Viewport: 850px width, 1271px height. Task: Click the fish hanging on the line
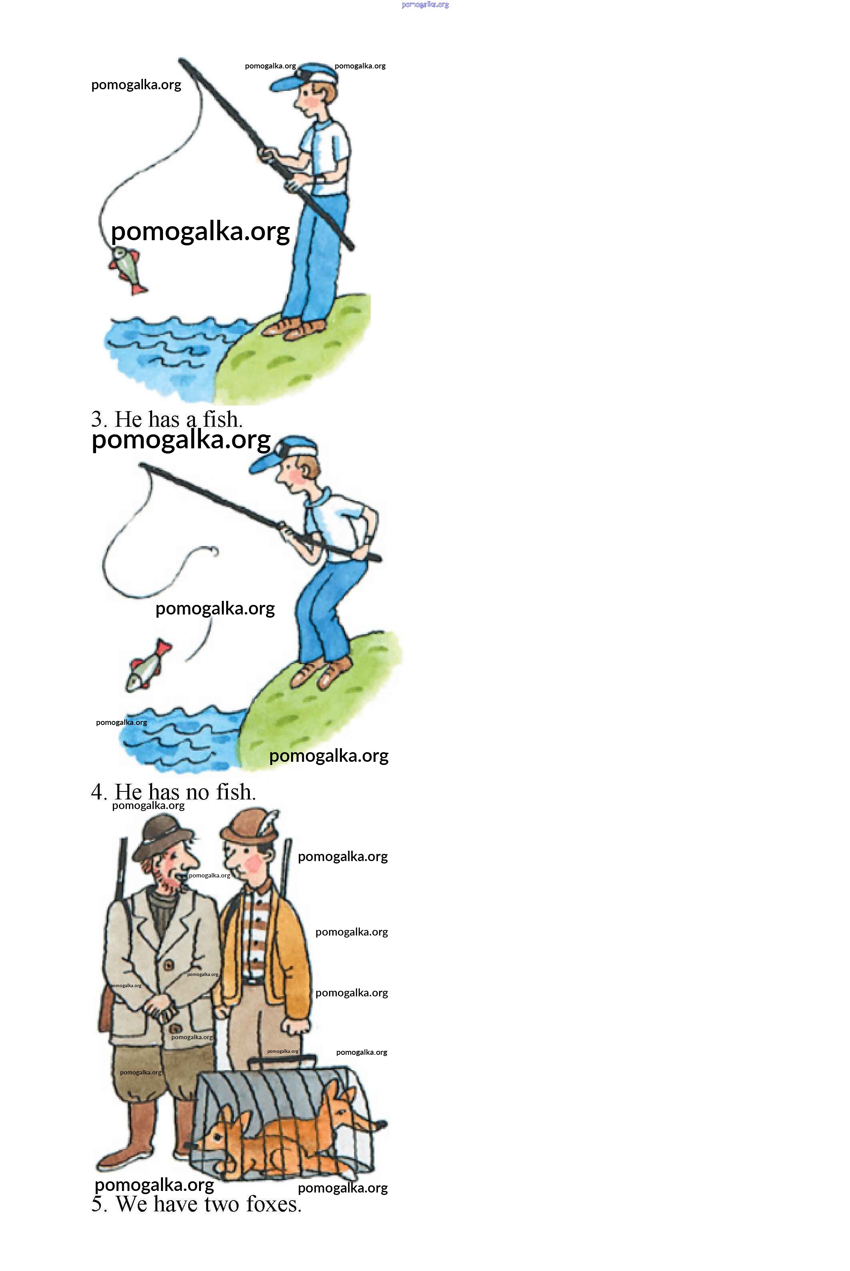pos(127,269)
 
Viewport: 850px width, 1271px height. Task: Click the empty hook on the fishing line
pos(213,552)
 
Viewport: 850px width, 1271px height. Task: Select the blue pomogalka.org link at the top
pos(426,5)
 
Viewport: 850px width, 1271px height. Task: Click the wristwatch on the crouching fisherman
pos(368,540)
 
